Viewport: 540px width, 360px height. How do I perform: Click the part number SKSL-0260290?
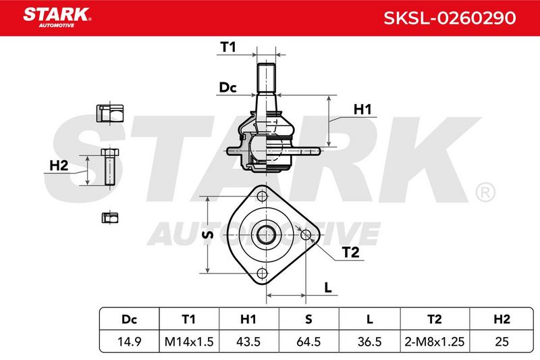click(450, 18)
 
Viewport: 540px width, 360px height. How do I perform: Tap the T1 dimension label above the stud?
click(227, 47)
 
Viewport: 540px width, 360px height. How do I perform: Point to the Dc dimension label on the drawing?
click(227, 88)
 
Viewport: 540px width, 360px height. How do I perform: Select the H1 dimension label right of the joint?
click(362, 109)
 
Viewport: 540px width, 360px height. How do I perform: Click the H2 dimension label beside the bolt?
click(59, 165)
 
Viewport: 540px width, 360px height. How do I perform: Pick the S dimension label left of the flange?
click(207, 234)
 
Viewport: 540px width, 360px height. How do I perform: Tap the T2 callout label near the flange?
click(350, 253)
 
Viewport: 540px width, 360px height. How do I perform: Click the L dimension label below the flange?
click(328, 287)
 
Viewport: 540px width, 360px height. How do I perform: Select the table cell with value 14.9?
click(129, 342)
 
